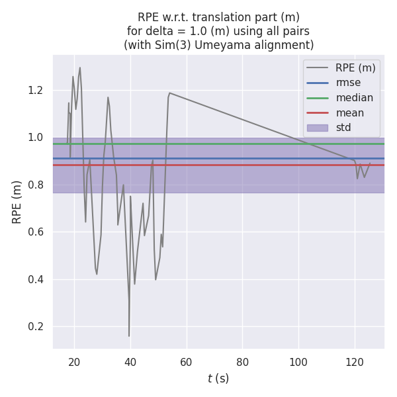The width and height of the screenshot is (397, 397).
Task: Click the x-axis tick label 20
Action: click(x=74, y=362)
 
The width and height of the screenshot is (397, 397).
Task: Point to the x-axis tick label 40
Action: click(x=130, y=362)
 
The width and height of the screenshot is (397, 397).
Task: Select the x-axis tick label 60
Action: click(x=187, y=362)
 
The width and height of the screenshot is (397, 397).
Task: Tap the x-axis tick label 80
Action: click(x=243, y=362)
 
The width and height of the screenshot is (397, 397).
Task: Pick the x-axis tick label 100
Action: click(x=298, y=362)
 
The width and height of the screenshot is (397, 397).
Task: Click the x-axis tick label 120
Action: click(x=355, y=362)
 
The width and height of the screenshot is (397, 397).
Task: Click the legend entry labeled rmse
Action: click(x=349, y=83)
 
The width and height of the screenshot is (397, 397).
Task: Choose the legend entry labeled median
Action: click(x=354, y=98)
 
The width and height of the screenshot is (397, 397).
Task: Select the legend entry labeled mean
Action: click(x=350, y=113)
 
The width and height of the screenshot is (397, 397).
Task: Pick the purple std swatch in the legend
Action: click(x=317, y=128)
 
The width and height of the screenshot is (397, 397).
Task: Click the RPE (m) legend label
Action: click(x=355, y=67)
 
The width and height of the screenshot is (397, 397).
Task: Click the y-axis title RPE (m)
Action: click(x=17, y=201)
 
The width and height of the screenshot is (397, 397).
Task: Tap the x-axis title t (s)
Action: click(x=218, y=378)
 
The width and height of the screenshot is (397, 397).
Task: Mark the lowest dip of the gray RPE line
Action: click(x=129, y=336)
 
